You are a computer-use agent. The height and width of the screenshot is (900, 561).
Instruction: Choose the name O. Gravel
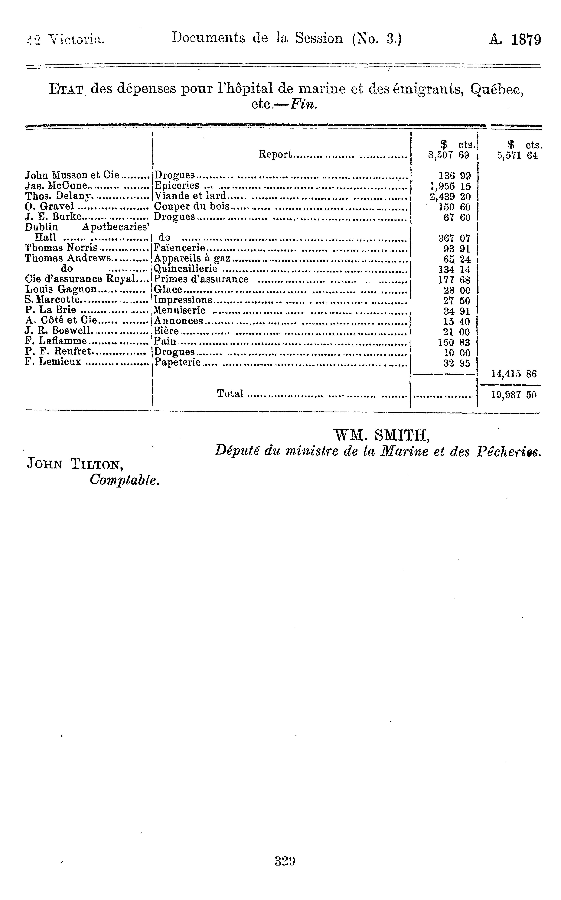click(x=49, y=206)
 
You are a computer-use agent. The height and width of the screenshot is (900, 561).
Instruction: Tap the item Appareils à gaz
click(x=192, y=258)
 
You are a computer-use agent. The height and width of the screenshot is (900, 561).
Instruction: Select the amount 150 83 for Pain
click(x=454, y=342)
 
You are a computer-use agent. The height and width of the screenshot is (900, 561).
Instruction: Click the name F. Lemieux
click(x=53, y=362)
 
